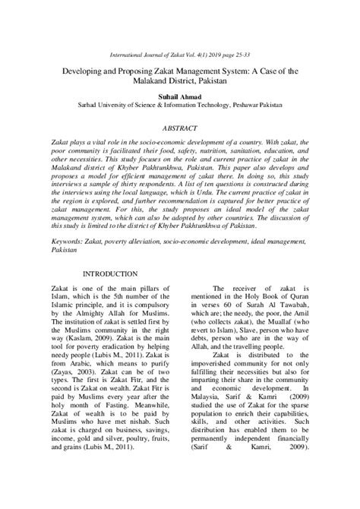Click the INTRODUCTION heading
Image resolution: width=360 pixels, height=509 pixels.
(110, 273)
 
